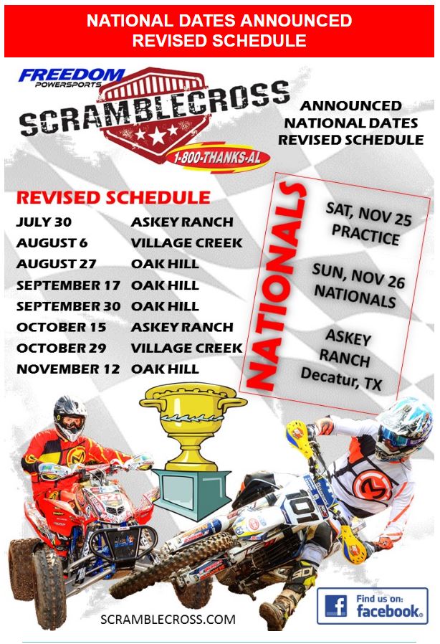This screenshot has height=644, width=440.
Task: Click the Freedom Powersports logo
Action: tap(72, 77)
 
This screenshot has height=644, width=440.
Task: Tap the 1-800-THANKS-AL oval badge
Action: tap(218, 157)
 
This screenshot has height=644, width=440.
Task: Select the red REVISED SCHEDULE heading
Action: tap(113, 197)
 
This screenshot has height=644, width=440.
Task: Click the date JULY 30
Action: tap(44, 222)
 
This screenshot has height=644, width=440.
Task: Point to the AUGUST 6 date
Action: tap(52, 243)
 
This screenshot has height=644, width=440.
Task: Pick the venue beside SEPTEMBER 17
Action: tap(165, 285)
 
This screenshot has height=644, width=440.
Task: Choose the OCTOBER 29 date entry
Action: tap(61, 348)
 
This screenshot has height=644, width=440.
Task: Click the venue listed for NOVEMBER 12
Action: tap(165, 369)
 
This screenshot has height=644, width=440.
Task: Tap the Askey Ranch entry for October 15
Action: tap(182, 327)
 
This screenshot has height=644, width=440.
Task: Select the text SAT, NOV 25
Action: tap(368, 214)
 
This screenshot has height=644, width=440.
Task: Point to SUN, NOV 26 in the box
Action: tap(359, 276)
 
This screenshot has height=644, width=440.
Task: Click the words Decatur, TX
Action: tap(342, 378)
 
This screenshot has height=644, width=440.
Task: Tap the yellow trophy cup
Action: tap(193, 427)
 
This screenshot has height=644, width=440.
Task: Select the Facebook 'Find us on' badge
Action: tap(372, 606)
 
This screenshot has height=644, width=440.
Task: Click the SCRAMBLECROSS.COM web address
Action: tap(168, 620)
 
